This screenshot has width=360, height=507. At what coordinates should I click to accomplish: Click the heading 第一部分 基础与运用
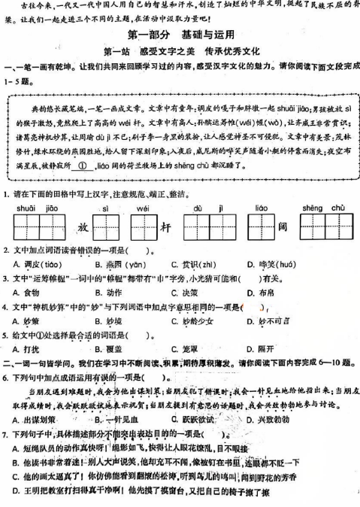pos(181,35)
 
